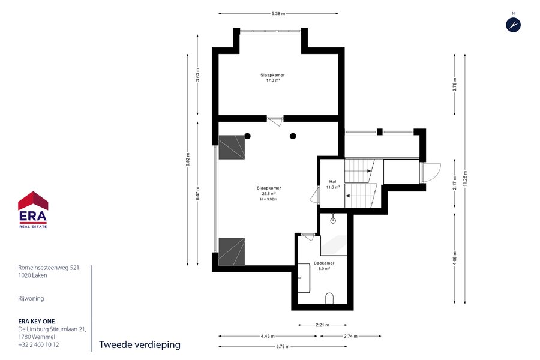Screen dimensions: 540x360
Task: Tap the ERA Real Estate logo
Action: (x=33, y=210)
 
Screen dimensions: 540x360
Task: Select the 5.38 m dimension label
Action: (x=278, y=14)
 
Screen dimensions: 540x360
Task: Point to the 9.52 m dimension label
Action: (x=188, y=160)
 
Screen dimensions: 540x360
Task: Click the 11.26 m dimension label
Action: (x=465, y=179)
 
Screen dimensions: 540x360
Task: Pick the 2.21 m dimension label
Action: (x=322, y=325)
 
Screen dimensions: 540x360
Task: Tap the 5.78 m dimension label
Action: (x=283, y=347)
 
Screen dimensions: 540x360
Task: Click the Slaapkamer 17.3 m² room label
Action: (x=272, y=77)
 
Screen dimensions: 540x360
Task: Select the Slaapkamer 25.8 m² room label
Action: (x=269, y=191)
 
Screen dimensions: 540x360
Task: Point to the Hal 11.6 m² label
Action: (x=332, y=184)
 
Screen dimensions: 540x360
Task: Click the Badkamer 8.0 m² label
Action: (x=324, y=266)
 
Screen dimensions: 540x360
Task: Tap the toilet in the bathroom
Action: (x=329, y=298)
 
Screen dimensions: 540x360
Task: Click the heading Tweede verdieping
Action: (x=140, y=345)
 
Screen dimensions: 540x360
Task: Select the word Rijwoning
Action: (x=31, y=298)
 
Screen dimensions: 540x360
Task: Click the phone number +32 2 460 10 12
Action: (x=38, y=344)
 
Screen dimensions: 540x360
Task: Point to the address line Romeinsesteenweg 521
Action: (x=49, y=268)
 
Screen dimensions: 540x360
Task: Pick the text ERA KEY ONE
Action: (x=37, y=322)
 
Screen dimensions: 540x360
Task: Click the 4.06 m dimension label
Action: (x=455, y=259)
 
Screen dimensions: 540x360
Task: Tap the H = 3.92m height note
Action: (x=269, y=199)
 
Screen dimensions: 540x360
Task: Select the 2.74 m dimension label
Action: (x=350, y=336)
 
